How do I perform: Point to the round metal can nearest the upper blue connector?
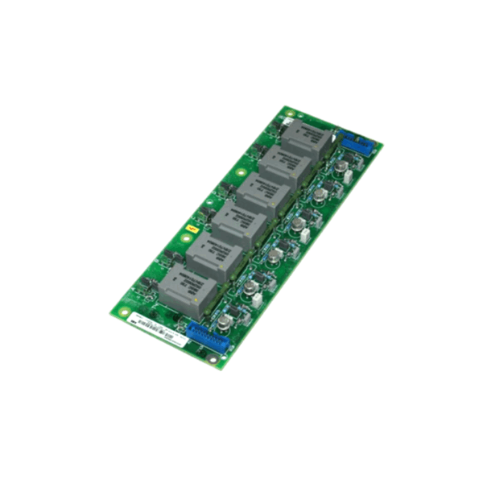click(342, 167)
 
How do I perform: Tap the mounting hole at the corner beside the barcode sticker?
click(116, 311)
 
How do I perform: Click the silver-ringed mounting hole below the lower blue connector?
click(213, 360)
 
